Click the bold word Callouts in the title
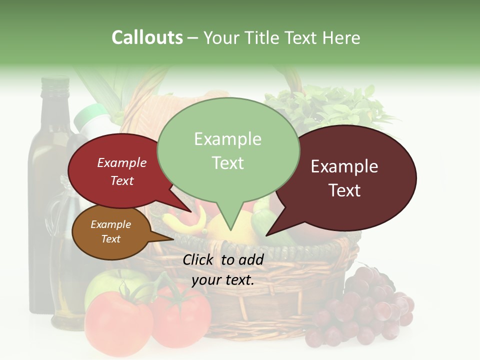[147, 37]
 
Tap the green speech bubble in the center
[228, 150]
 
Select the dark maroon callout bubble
[350, 177]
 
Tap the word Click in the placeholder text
[199, 259]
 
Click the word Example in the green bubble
[227, 139]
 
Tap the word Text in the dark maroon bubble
[345, 190]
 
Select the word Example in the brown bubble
[110, 224]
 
